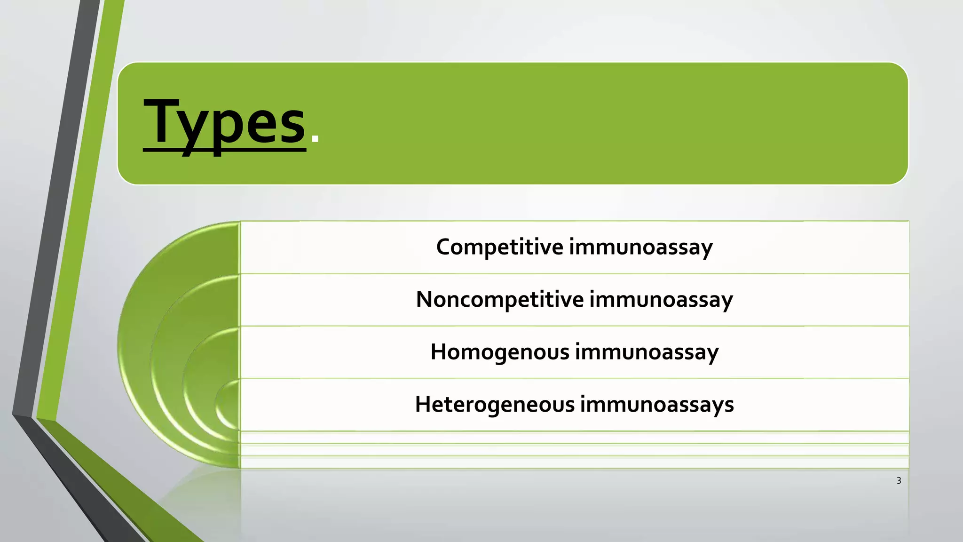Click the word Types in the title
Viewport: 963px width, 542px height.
click(225, 123)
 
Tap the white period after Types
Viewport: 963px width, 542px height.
click(315, 138)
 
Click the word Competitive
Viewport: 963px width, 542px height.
click(499, 247)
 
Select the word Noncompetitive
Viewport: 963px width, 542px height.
click(500, 300)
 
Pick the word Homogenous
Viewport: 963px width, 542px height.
click(500, 352)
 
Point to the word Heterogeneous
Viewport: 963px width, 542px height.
click(495, 404)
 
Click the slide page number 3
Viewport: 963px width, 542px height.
click(899, 480)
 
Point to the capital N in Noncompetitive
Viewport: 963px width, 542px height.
click(425, 299)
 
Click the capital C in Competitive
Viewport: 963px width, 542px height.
click(444, 247)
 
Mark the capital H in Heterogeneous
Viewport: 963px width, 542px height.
click(424, 404)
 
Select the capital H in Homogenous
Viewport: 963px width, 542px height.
click(439, 352)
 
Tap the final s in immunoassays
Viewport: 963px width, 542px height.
click(729, 406)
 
